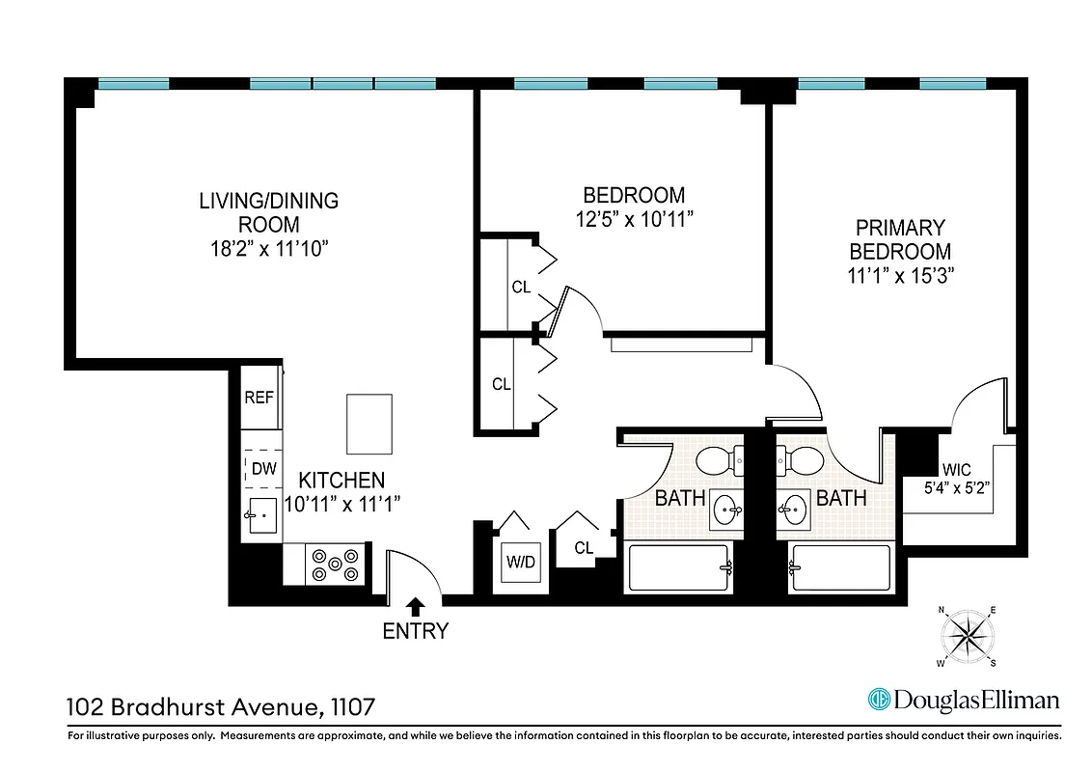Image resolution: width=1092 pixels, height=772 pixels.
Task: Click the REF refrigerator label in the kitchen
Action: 258,397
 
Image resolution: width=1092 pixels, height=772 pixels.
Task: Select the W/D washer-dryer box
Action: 519,562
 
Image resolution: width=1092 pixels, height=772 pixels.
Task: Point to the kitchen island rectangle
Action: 370,424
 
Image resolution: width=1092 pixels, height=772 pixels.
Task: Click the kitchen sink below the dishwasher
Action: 260,516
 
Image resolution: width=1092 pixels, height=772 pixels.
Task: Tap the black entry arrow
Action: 416,606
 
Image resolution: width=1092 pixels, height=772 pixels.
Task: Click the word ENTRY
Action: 416,632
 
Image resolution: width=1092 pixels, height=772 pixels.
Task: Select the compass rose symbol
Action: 968,637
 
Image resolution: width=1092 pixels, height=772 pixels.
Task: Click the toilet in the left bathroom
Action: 717,461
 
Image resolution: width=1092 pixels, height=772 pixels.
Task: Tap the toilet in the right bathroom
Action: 801,461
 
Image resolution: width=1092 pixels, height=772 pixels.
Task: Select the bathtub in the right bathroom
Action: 839,567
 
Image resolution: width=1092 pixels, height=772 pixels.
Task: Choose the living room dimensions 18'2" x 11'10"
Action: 269,248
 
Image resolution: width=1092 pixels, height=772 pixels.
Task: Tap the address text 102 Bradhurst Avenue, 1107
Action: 220,707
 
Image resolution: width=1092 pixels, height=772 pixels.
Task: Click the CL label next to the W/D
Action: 584,548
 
